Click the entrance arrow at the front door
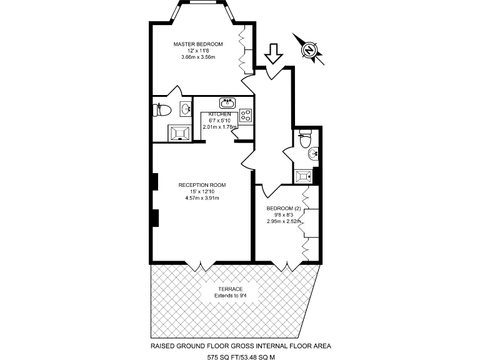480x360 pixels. click(x=272, y=54)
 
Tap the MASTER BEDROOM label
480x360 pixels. click(x=197, y=44)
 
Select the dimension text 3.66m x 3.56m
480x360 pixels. click(x=197, y=57)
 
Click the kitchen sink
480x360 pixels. click(x=226, y=104)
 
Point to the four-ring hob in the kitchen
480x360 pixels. click(x=246, y=116)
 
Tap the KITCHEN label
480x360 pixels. click(x=219, y=114)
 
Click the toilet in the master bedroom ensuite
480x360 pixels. click(x=162, y=111)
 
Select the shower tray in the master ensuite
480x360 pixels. click(x=178, y=132)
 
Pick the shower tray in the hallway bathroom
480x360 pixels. click(x=303, y=176)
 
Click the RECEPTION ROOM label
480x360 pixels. click(x=202, y=185)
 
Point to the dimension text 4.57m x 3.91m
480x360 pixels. click(x=202, y=198)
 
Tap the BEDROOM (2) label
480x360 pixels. click(x=284, y=208)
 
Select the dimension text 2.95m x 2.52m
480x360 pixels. click(x=284, y=221)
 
